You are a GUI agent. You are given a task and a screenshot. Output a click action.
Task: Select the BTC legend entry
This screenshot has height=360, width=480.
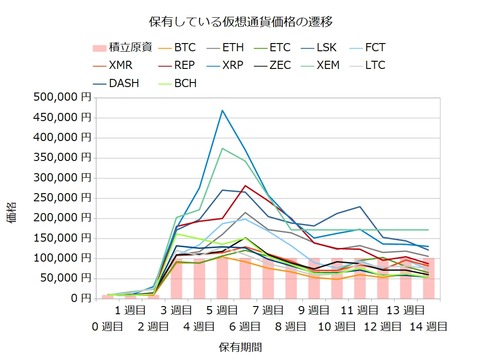click(184, 47)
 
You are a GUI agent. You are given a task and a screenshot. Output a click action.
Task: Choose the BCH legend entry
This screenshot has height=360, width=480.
click(184, 83)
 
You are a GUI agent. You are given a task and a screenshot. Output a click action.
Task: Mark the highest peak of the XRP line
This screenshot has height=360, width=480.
click(222, 110)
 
